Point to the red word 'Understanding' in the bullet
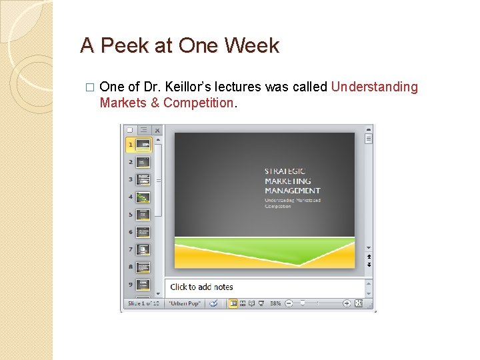click(374, 87)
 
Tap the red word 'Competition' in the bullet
click(198, 103)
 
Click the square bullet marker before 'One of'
click(90, 88)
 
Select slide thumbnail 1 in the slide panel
click(143, 144)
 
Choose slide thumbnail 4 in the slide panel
click(143, 197)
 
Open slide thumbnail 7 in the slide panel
click(143, 249)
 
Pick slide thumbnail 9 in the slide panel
click(143, 285)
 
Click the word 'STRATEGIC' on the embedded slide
click(285, 171)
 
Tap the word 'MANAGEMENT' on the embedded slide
click(292, 191)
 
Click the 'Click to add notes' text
click(201, 287)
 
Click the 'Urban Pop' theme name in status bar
click(185, 303)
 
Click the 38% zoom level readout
click(275, 303)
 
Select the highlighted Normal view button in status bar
click(233, 303)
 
